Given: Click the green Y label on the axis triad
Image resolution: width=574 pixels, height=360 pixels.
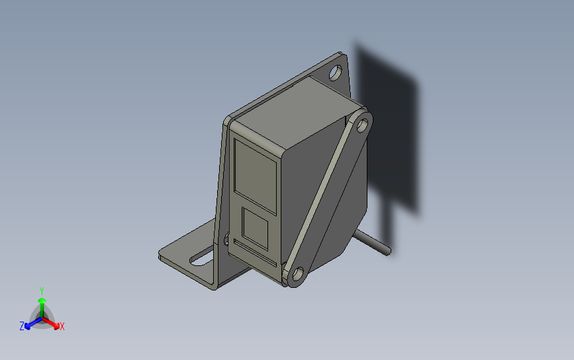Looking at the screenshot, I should [42, 291].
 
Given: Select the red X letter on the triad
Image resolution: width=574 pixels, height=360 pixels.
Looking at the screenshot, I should [62, 326].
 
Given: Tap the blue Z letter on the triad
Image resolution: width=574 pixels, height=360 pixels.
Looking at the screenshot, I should [22, 326].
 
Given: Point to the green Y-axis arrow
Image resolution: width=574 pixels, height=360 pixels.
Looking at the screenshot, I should [42, 306].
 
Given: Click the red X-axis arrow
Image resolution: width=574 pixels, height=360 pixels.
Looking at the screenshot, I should [54, 324].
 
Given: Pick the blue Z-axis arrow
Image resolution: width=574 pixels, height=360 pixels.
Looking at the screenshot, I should [30, 324].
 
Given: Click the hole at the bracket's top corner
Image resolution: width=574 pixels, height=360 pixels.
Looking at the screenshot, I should [337, 71].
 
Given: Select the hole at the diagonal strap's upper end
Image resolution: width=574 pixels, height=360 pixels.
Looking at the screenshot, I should [361, 125].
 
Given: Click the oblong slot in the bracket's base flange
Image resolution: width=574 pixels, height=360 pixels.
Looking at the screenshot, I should [201, 257].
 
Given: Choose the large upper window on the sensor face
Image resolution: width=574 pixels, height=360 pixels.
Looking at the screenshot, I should [256, 171].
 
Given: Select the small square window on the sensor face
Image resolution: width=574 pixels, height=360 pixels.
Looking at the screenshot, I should [255, 227].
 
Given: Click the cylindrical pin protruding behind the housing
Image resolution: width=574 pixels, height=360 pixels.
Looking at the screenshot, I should [374, 242].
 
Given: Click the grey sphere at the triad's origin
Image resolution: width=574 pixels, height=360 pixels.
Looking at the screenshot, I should [42, 321].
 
